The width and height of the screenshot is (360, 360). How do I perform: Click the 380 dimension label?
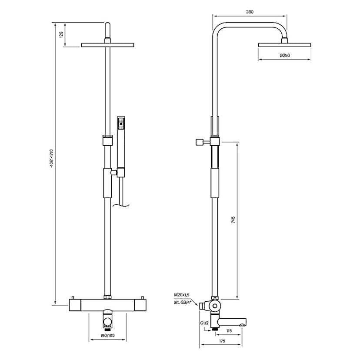point(250,12)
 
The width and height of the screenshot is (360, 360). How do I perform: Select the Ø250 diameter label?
point(285,55)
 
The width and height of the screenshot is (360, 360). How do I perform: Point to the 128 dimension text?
point(61,34)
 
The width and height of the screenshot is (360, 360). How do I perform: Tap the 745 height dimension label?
point(233,220)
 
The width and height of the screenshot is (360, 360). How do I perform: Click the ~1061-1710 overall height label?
point(51,159)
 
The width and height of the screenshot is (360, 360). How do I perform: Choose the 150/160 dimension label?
point(107,335)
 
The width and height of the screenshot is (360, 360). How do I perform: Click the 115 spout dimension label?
point(229,331)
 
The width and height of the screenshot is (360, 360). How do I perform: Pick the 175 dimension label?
point(222,341)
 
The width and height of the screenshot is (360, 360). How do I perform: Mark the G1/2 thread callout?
point(204,323)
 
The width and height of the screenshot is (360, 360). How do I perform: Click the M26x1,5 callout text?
point(182,295)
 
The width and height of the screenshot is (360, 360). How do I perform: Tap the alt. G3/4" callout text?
point(183,302)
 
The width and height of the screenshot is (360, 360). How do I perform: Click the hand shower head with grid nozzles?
point(121,123)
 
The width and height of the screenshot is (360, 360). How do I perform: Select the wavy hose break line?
point(121,206)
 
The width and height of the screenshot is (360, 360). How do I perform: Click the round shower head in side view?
point(284,45)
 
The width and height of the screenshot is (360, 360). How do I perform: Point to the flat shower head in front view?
point(107,45)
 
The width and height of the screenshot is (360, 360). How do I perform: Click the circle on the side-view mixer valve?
point(215,306)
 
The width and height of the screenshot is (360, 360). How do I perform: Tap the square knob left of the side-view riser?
point(199,142)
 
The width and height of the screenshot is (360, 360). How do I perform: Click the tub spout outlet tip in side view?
point(243,325)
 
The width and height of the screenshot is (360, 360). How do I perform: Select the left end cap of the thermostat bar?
point(75,305)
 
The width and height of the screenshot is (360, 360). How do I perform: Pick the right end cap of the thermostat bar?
point(140,305)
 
